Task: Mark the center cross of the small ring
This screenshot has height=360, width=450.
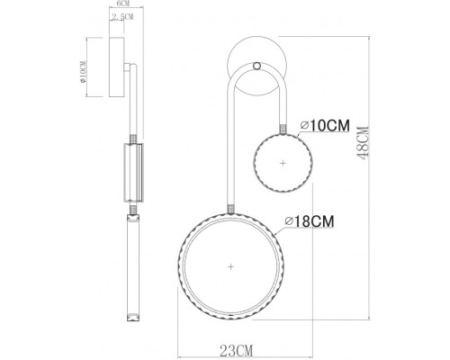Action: click(284, 163)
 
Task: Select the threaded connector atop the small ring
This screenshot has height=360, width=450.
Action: click(285, 129)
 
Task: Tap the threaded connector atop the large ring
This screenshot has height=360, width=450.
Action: click(232, 210)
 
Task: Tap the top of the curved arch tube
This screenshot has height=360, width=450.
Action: click(258, 76)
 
